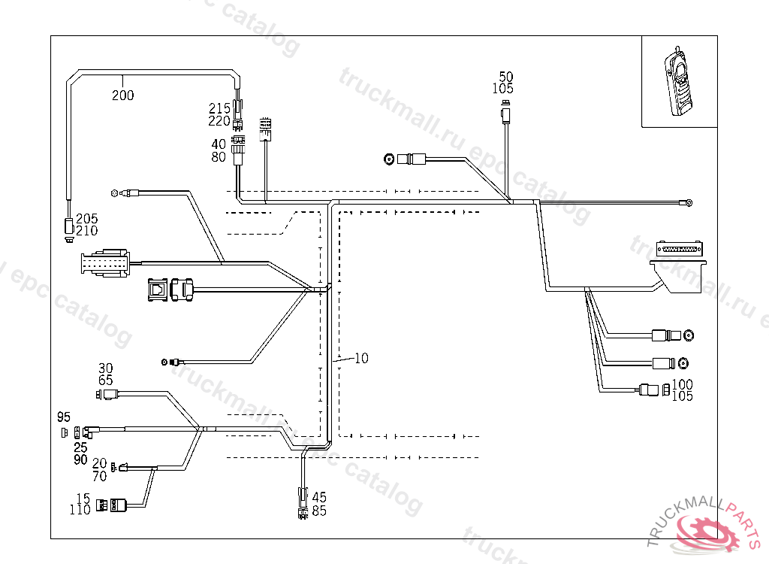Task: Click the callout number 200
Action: point(123,96)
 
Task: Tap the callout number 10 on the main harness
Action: point(361,359)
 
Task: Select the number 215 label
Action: point(219,108)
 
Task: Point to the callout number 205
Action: point(87,219)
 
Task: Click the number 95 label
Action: point(64,417)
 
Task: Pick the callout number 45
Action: point(319,497)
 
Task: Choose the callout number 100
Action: point(683,385)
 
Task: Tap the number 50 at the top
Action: point(506,77)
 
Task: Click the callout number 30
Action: point(106,368)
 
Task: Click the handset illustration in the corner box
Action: point(679,82)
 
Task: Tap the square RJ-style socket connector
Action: point(158,289)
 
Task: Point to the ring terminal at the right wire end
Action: point(687,202)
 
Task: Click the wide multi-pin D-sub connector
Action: point(680,249)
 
